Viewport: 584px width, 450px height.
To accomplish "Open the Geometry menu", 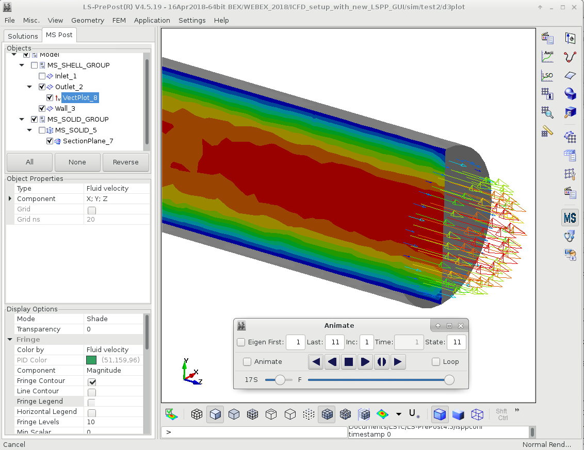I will click(x=88, y=20).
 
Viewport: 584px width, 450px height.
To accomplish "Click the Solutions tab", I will click(x=23, y=36).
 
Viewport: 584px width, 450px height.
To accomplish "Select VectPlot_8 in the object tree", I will click(x=80, y=97).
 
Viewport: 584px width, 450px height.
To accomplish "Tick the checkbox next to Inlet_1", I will click(x=42, y=76).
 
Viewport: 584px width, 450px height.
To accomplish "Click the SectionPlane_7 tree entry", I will click(x=84, y=141).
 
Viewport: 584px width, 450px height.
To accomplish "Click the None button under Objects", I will click(x=77, y=162).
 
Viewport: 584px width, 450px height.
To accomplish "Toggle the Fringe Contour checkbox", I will click(x=92, y=381).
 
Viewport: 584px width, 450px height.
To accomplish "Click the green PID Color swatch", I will click(x=92, y=360).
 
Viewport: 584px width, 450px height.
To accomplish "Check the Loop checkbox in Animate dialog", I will click(x=436, y=362).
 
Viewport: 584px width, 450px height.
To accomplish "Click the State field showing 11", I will click(x=456, y=342).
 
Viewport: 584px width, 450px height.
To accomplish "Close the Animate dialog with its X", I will click(x=461, y=326).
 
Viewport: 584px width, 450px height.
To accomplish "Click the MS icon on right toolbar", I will click(x=570, y=218).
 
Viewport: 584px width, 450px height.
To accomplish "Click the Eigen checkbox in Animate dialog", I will click(x=241, y=342).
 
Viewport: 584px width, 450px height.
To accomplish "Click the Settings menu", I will click(x=192, y=20).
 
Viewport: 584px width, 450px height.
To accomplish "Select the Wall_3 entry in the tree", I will click(x=65, y=108).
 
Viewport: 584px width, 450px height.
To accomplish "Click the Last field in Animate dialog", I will click(x=335, y=342).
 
